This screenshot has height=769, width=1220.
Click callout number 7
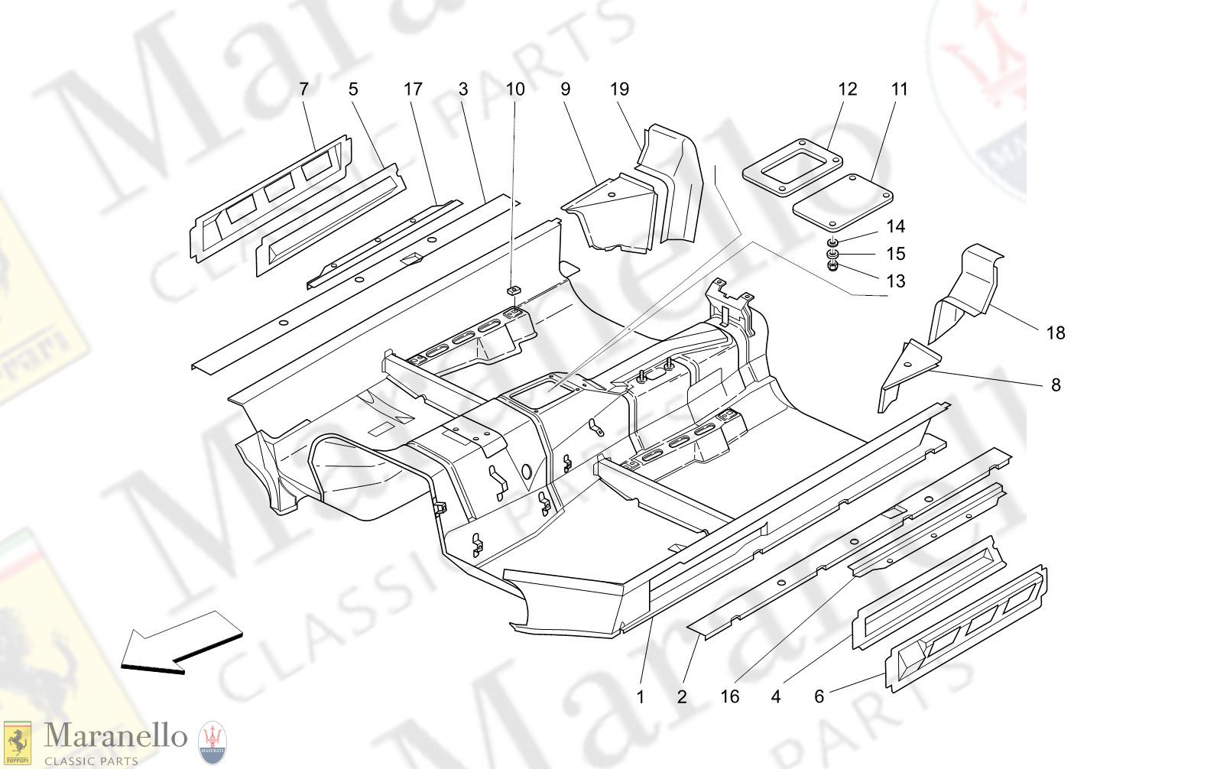point(303,89)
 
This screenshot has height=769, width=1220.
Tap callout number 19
point(619,89)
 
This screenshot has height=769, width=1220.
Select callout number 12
point(847,89)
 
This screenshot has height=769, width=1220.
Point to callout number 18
point(1055,333)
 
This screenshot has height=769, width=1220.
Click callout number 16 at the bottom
point(729,696)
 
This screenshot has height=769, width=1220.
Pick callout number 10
point(515,89)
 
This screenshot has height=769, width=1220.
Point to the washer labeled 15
point(833,254)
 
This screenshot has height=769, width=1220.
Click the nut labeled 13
point(833,266)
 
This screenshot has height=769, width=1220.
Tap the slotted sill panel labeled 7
point(271,199)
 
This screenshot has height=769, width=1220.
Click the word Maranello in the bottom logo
point(115,735)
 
